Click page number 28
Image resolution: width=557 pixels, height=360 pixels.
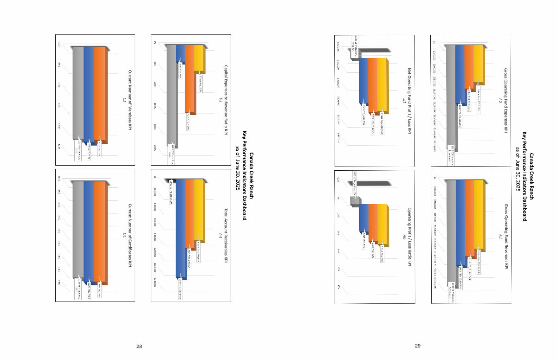point(139,347)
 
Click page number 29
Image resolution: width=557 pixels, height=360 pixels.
point(418,346)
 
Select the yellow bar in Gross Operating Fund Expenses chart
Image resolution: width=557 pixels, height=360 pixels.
point(478,64)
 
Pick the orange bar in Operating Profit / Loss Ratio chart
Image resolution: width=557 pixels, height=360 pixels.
point(373,222)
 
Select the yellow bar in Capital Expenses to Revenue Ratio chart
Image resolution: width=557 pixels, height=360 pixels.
point(198,58)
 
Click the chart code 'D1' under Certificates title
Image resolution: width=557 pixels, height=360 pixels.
point(124,236)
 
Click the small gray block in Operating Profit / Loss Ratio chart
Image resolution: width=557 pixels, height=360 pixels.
point(354,200)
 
